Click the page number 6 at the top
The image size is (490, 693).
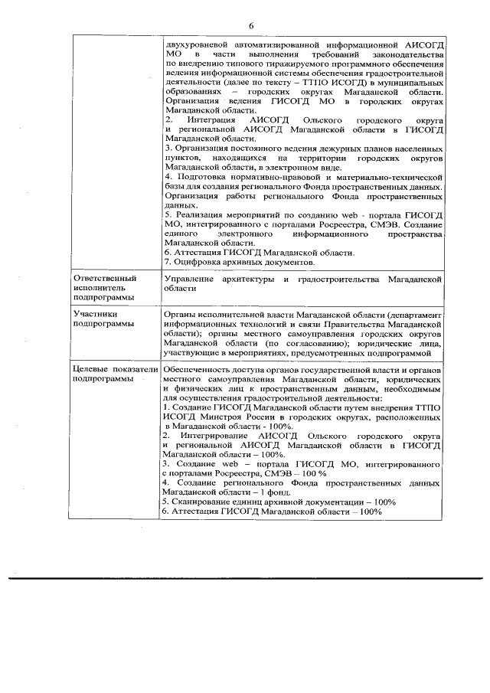click(250, 27)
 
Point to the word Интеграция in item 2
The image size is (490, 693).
click(207, 121)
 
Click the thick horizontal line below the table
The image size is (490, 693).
click(245, 577)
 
